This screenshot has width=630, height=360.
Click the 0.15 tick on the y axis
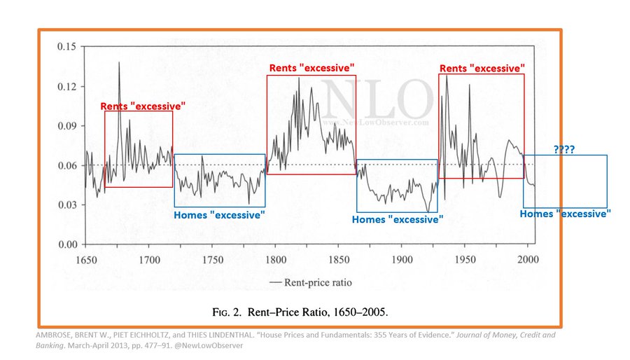67,47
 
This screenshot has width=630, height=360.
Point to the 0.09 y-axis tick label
67,126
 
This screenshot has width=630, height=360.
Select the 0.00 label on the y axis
67,244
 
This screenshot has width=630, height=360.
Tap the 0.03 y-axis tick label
67,205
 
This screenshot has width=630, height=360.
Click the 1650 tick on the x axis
85,259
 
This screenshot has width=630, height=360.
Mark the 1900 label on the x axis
400,259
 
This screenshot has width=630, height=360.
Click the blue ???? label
565,150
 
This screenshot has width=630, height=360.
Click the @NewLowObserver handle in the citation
209,345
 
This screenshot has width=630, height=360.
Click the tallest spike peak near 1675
119,62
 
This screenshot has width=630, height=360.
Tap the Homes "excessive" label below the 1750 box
219,214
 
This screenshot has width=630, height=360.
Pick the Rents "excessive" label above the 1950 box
482,68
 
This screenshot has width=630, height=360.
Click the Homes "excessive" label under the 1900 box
397,219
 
